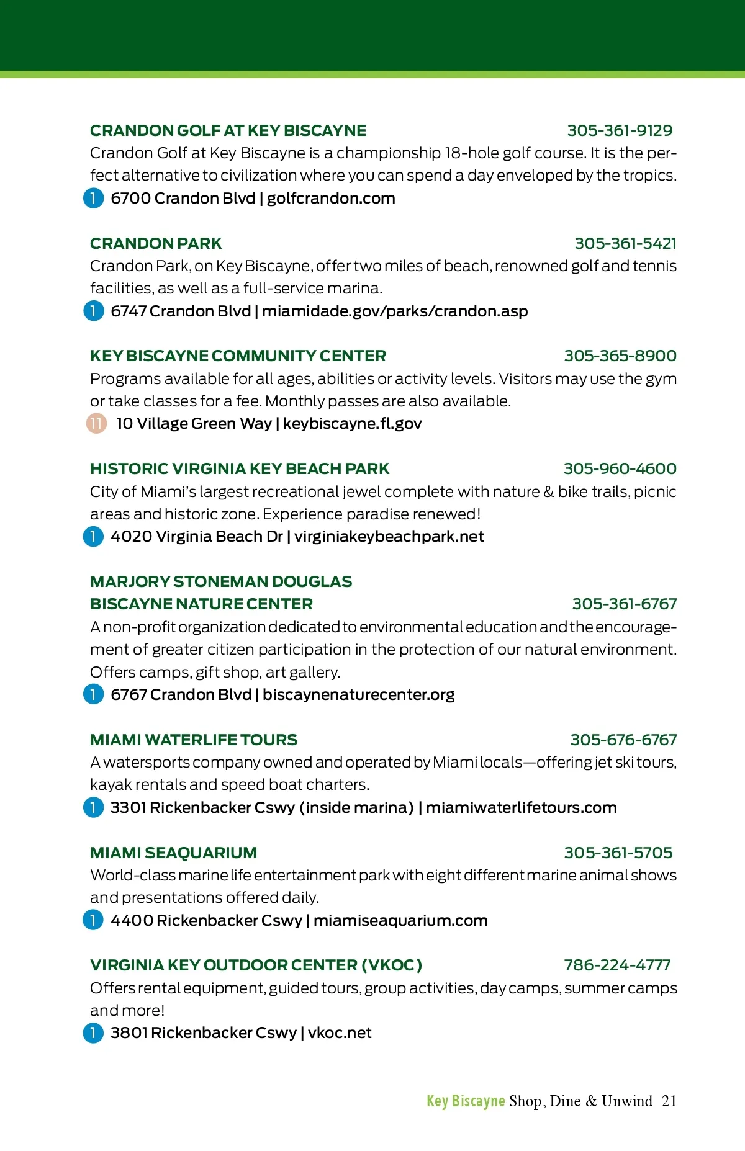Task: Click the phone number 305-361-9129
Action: click(620, 131)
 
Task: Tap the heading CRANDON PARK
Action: click(156, 244)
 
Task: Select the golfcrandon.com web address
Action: click(331, 199)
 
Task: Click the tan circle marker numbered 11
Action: click(96, 424)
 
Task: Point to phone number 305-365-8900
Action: click(620, 356)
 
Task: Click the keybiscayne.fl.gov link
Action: click(352, 424)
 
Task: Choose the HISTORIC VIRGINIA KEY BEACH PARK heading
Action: click(240, 469)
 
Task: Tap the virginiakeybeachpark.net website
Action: click(389, 537)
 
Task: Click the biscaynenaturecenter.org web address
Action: click(358, 695)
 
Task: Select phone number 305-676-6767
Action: click(623, 740)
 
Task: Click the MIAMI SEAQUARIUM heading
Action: click(173, 853)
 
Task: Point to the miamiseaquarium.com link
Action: click(400, 921)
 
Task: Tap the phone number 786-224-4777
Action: click(617, 965)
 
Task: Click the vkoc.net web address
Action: click(340, 1033)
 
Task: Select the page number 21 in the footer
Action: click(669, 1101)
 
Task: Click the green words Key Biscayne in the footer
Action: click(466, 1101)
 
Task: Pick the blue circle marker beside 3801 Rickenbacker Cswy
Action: click(93, 1033)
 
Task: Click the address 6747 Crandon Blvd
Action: click(181, 311)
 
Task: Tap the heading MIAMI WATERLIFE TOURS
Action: click(194, 740)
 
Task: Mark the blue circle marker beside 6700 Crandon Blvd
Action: click(93, 199)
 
